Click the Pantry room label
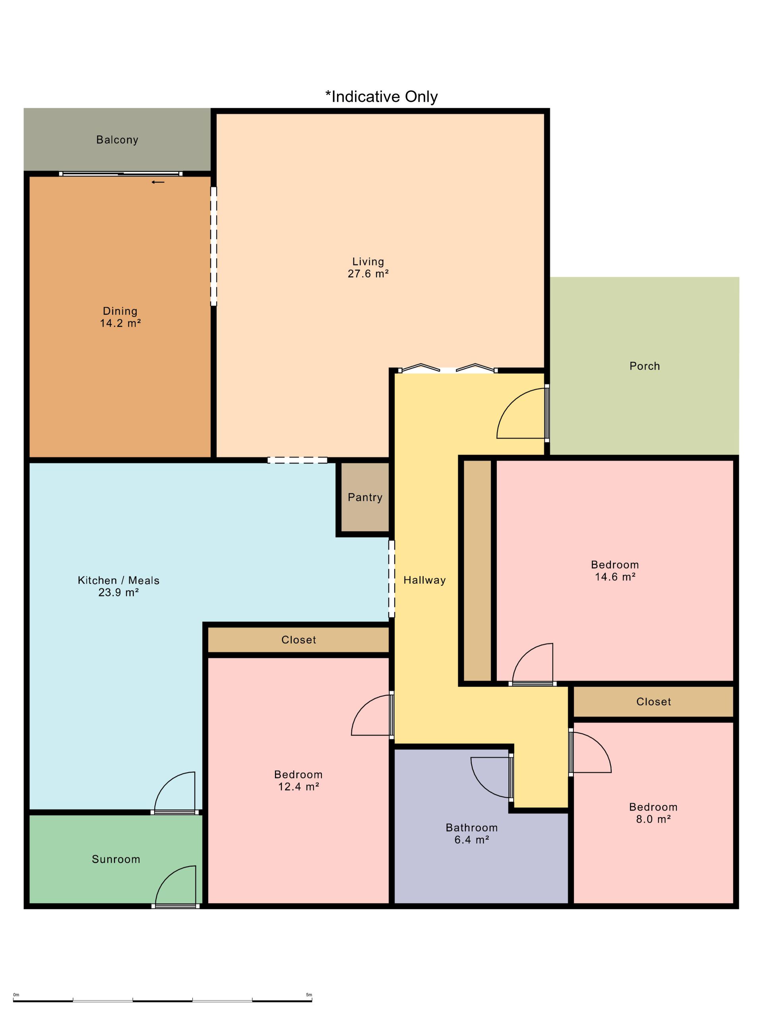(365, 497)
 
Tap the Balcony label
(117, 140)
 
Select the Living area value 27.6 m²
(368, 274)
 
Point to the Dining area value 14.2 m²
(120, 323)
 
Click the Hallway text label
(424, 580)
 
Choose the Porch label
(644, 366)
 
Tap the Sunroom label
(116, 859)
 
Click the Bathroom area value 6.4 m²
(471, 840)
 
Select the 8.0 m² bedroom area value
(653, 819)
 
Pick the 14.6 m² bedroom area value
(615, 577)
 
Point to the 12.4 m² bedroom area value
(298, 787)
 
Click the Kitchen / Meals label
(119, 580)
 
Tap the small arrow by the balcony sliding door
(158, 182)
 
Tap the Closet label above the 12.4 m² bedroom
(298, 640)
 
